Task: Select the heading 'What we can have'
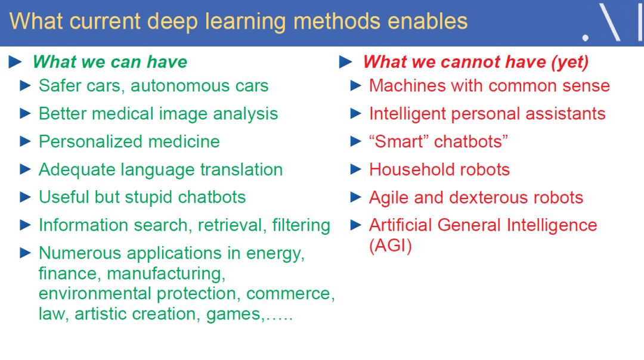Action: coord(110,62)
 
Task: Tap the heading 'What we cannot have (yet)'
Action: coord(476,63)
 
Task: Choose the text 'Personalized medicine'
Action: coord(129,142)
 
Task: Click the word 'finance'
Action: coord(68,274)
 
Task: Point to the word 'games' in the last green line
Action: coord(233,315)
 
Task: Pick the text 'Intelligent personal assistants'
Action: coord(487,114)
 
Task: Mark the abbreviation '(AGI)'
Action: coord(390,246)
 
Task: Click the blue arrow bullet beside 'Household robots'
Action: coord(355,169)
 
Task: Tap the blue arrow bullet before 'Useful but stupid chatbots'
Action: coord(26,197)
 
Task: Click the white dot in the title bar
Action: coord(586,38)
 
